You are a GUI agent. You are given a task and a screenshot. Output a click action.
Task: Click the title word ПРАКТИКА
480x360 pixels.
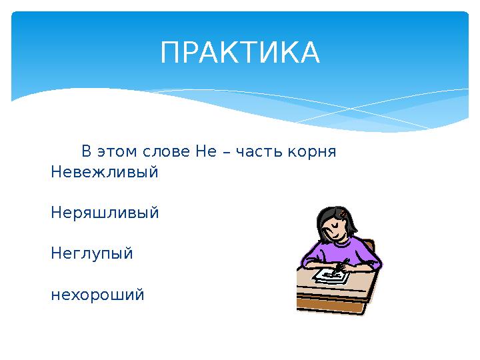point(239,53)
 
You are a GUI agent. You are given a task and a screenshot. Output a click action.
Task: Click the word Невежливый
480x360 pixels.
point(105,172)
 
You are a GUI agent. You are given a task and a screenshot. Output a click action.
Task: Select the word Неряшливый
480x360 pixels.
point(105,213)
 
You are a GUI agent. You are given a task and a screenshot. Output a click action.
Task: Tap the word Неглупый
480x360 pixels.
point(92,254)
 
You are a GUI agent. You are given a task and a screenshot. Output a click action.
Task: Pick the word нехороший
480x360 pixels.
point(97,295)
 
